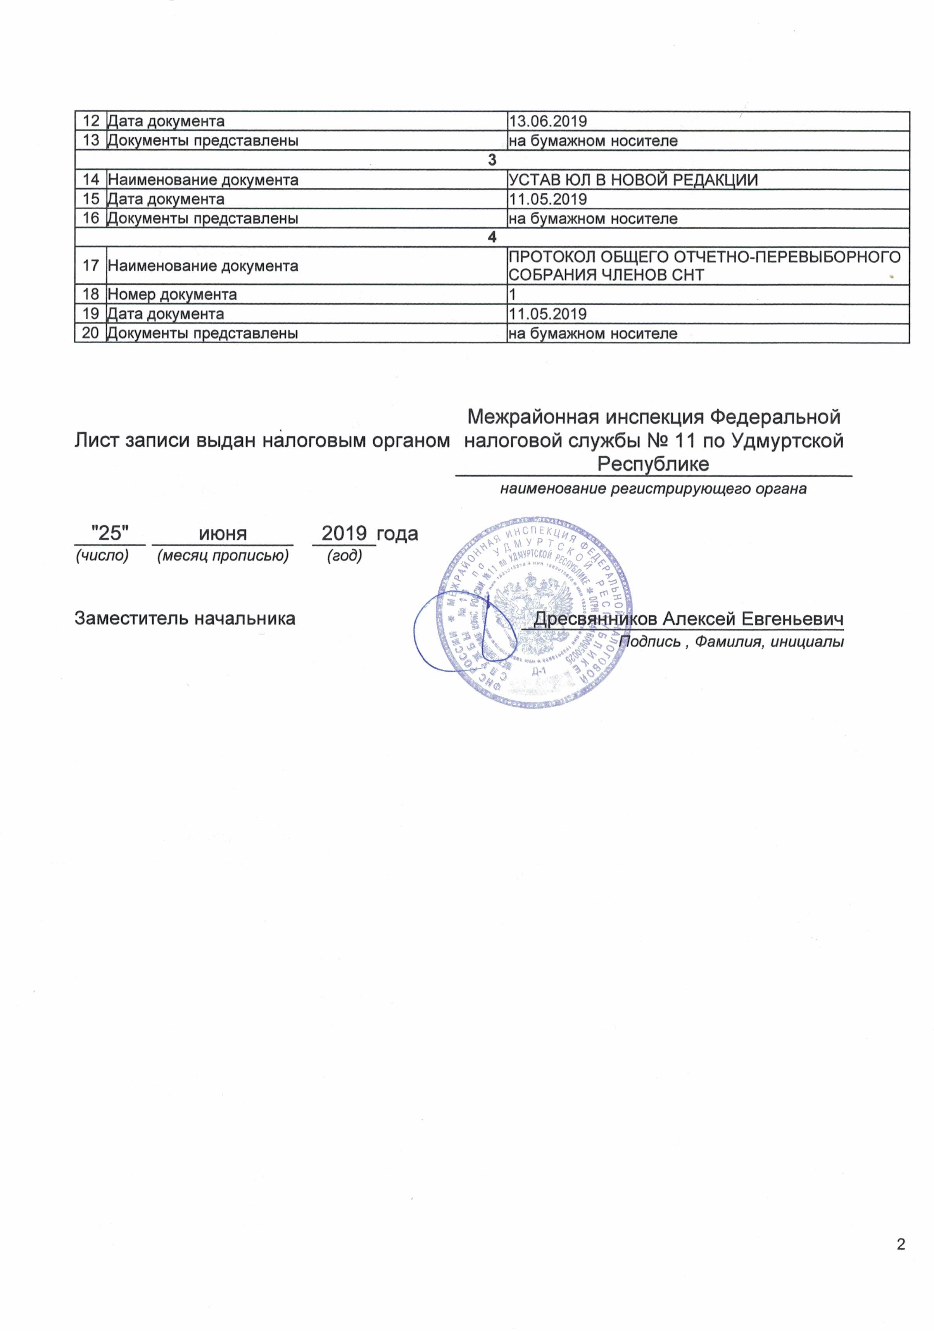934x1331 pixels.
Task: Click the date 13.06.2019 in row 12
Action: (x=547, y=121)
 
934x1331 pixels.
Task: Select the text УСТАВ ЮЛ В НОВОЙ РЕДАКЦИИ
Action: (x=633, y=180)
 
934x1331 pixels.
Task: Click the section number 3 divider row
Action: (x=492, y=160)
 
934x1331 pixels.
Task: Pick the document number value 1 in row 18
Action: (x=512, y=294)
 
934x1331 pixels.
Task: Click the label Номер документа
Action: (x=172, y=294)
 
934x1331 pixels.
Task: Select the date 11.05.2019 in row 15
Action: (x=547, y=199)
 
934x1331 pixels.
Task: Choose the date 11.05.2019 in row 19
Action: (x=547, y=314)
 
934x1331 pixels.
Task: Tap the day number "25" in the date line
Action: (x=110, y=533)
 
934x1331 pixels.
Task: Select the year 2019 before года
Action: (x=344, y=533)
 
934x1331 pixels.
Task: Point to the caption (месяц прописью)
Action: (x=223, y=555)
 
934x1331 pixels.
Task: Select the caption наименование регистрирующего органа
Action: (x=653, y=489)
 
